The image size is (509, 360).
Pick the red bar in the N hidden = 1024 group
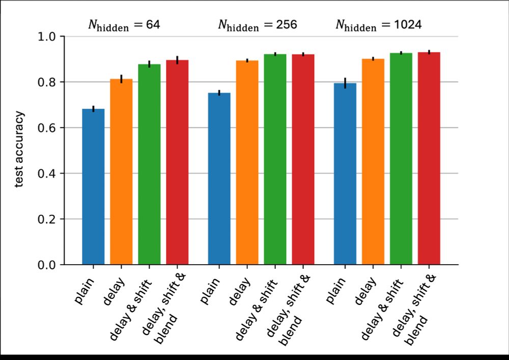coord(429,158)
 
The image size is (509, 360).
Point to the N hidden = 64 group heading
coord(124,25)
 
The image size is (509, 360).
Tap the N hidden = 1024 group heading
coord(378,25)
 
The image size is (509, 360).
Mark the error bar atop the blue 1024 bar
coord(345,83)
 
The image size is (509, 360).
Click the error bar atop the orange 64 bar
coord(121,79)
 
